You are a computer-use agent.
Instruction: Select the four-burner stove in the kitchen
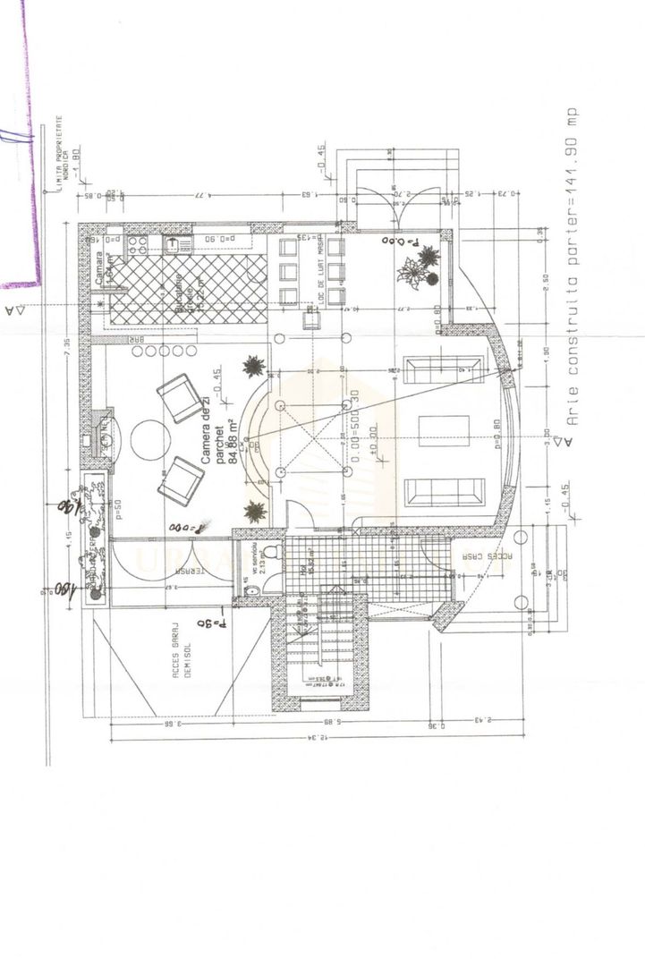click(x=140, y=244)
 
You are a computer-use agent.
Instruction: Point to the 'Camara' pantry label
click(x=100, y=269)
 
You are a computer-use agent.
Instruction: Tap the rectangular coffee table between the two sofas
click(x=437, y=430)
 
